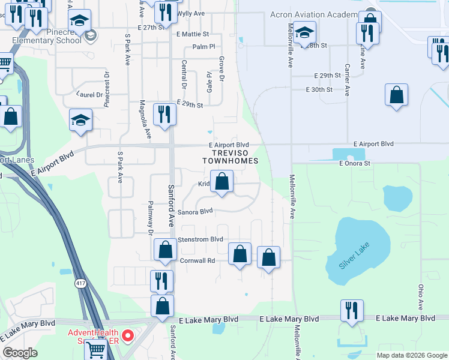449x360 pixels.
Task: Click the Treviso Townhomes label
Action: (230, 157)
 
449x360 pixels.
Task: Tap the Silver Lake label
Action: (355, 255)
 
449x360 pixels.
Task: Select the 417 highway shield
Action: (80, 282)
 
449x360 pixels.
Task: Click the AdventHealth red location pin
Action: (127, 336)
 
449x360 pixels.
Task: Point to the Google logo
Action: (20, 353)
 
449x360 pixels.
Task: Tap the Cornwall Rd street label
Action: (197, 260)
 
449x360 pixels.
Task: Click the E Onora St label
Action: (355, 163)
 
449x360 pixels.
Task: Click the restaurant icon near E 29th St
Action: (164, 114)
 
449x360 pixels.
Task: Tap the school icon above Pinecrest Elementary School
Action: (79, 22)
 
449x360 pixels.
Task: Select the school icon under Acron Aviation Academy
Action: (304, 32)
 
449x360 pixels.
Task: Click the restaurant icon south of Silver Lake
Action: (352, 310)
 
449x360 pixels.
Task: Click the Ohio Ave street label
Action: (421, 293)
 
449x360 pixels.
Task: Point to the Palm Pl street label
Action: (203, 47)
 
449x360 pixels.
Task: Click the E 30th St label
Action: (319, 89)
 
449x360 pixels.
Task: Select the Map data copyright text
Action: (412, 355)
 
